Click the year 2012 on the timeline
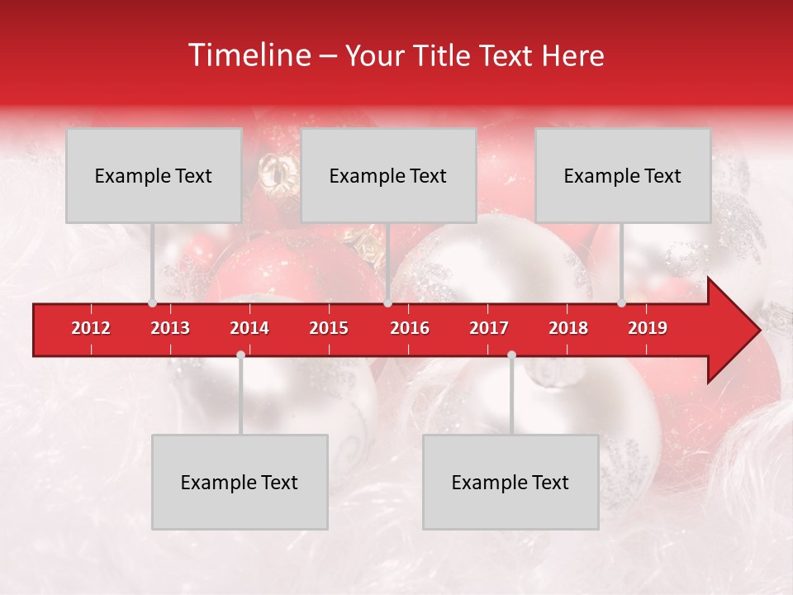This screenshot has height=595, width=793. (91, 328)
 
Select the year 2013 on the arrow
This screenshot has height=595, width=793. (170, 328)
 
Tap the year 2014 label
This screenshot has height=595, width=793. (249, 328)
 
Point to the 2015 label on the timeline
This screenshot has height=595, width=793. (329, 328)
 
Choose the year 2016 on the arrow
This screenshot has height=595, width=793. (410, 328)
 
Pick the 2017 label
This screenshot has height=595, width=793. (489, 328)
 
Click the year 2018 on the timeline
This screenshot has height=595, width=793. (568, 328)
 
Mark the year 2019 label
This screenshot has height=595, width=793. (648, 328)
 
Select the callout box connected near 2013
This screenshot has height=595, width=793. (154, 175)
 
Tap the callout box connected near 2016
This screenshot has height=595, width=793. (388, 175)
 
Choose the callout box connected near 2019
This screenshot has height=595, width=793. (623, 175)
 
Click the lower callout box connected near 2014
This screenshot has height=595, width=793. (240, 482)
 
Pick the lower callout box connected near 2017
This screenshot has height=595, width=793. (510, 482)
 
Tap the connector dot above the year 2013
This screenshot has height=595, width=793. (152, 302)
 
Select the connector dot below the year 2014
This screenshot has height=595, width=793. (240, 355)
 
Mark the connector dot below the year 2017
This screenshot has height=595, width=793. (511, 355)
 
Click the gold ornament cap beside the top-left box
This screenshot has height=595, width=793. (274, 171)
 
